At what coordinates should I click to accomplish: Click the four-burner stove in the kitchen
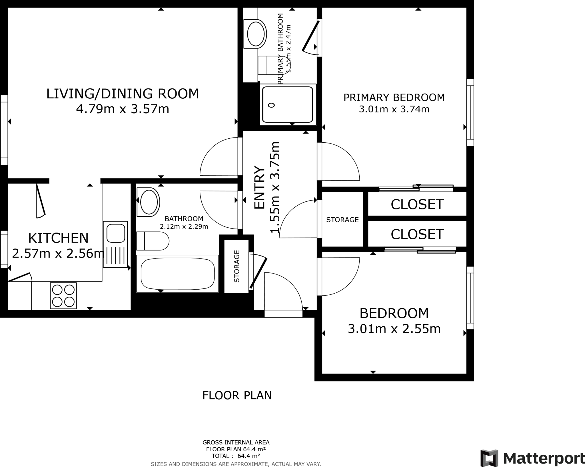pyautogui.click(x=63, y=296)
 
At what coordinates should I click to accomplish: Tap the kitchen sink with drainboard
pyautogui.click(x=115, y=244)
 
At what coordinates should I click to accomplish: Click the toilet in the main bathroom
pyautogui.click(x=153, y=241)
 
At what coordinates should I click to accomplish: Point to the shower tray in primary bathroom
pyautogui.click(x=288, y=105)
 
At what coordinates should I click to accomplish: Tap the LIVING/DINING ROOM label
pyautogui.click(x=123, y=94)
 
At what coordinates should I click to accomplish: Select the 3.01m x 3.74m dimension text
pyautogui.click(x=394, y=109)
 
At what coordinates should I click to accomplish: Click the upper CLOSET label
pyautogui.click(x=417, y=204)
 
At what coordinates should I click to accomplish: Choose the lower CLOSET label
pyautogui.click(x=417, y=234)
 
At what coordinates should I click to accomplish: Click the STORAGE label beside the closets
pyautogui.click(x=342, y=220)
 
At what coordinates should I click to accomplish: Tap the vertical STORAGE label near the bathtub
pyautogui.click(x=237, y=266)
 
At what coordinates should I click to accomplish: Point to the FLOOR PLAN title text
pyautogui.click(x=237, y=395)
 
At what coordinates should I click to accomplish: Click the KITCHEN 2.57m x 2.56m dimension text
pyautogui.click(x=58, y=253)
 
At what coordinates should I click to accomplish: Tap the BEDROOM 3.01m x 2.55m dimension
pyautogui.click(x=394, y=329)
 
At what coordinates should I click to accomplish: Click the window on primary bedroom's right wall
pyautogui.click(x=470, y=112)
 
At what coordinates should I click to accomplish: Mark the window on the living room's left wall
pyautogui.click(x=4, y=130)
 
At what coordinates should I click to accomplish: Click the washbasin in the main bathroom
pyautogui.click(x=149, y=202)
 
